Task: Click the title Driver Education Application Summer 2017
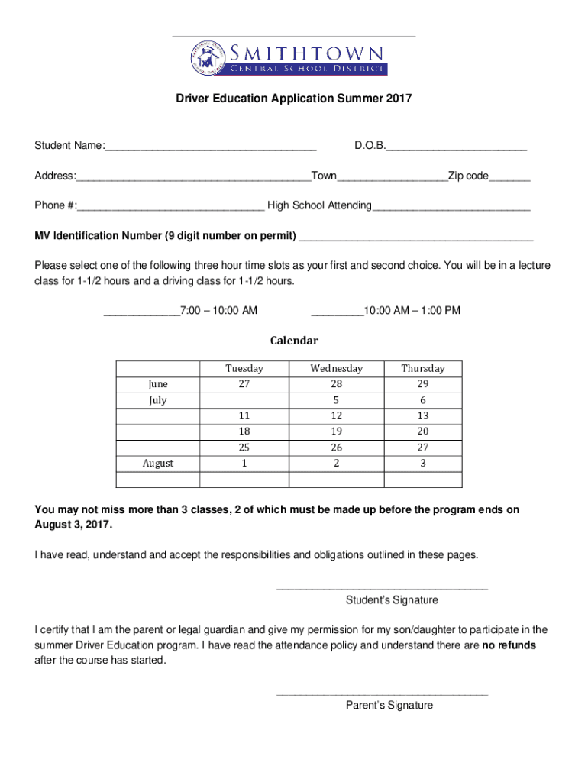pyautogui.click(x=294, y=99)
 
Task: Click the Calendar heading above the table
pyautogui.click(x=294, y=341)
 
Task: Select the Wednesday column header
pyautogui.click(x=337, y=368)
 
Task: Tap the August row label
pyautogui.click(x=158, y=464)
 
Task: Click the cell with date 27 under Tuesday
pyautogui.click(x=244, y=384)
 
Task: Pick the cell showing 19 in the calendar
pyautogui.click(x=337, y=431)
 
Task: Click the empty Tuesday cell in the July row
pyautogui.click(x=244, y=400)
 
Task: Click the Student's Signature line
pyautogui.click(x=381, y=587)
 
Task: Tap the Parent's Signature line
pyautogui.click(x=381, y=693)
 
